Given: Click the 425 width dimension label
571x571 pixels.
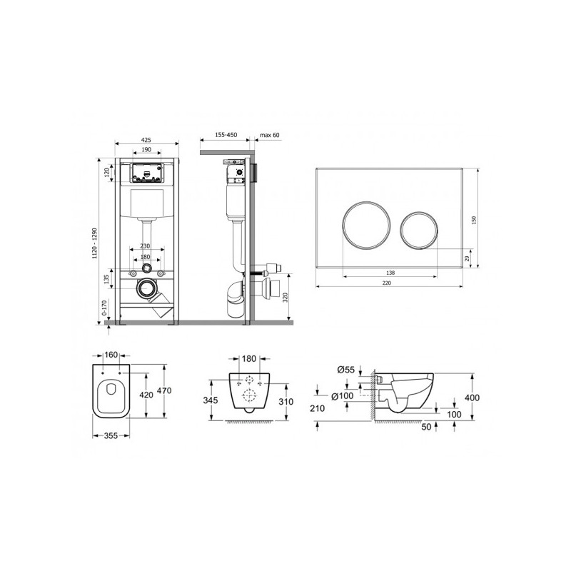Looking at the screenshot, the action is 146,140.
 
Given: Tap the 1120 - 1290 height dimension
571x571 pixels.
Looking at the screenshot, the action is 95,243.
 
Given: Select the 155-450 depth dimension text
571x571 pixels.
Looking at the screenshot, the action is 226,135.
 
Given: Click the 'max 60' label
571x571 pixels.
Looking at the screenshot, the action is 270,135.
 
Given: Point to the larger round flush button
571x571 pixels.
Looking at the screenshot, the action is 366,225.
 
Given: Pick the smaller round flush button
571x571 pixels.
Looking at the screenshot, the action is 419,230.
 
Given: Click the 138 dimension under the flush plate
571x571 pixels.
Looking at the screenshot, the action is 390,273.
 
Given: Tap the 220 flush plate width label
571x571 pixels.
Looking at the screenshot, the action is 387,283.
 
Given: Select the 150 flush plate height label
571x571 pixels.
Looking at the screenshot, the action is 474,220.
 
